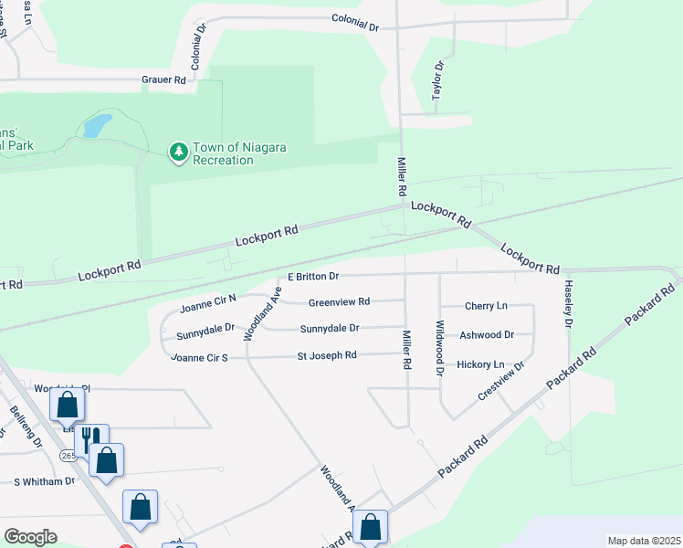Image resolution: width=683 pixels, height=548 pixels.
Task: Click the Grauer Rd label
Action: tap(163, 80)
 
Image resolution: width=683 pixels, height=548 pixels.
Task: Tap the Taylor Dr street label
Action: tap(437, 80)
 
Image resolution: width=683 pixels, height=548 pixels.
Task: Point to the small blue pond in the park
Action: tap(97, 125)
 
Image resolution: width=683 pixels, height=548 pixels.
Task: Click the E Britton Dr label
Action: tap(313, 276)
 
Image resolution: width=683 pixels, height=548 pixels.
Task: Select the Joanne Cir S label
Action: tap(199, 357)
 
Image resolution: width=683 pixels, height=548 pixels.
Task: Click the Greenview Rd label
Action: tap(339, 302)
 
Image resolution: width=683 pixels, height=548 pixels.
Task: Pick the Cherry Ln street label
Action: tap(485, 306)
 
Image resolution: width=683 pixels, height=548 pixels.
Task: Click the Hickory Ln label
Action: tap(480, 364)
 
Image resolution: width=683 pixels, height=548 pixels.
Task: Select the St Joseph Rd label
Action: tap(327, 355)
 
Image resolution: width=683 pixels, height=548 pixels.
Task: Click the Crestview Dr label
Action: tap(501, 380)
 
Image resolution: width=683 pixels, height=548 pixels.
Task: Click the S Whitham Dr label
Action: tap(44, 481)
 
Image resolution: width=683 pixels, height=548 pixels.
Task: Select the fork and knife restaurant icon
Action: tap(91, 439)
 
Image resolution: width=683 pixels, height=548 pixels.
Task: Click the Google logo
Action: tap(30, 537)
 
